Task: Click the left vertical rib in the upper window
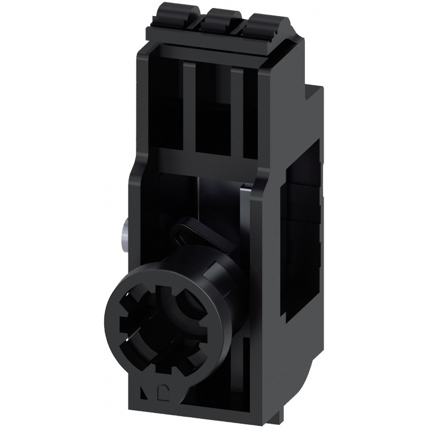pos(190,102)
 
